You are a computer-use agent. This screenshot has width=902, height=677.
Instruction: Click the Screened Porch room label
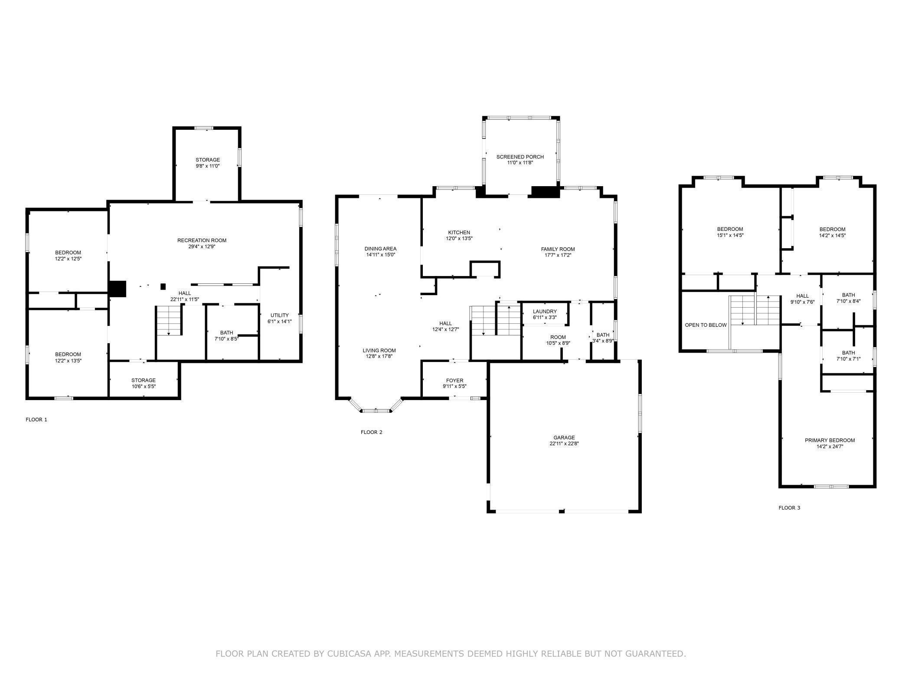(x=520, y=157)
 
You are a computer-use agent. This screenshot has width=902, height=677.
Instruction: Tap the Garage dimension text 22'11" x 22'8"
(x=564, y=444)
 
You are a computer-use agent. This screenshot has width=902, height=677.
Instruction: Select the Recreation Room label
(x=202, y=240)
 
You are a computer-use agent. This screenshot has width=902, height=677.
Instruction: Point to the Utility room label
(x=280, y=315)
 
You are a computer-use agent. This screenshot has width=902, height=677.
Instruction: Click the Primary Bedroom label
(x=830, y=440)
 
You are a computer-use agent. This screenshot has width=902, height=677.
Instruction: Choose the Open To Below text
(x=706, y=325)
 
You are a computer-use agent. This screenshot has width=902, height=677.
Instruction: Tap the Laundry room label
(x=545, y=312)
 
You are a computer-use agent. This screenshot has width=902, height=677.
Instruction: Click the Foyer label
(x=454, y=381)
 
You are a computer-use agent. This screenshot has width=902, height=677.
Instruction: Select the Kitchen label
(x=459, y=233)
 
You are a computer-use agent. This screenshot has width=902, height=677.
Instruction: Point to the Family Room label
(x=558, y=249)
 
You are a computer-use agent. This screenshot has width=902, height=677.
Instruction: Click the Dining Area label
(x=380, y=249)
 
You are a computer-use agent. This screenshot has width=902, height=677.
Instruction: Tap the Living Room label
(x=379, y=350)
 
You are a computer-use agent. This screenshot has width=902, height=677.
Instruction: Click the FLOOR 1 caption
(x=36, y=420)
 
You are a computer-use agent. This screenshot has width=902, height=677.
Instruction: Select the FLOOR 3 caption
(x=789, y=508)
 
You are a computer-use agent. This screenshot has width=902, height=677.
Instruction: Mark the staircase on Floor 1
(x=169, y=320)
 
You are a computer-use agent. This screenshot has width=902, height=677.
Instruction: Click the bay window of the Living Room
(x=376, y=407)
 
